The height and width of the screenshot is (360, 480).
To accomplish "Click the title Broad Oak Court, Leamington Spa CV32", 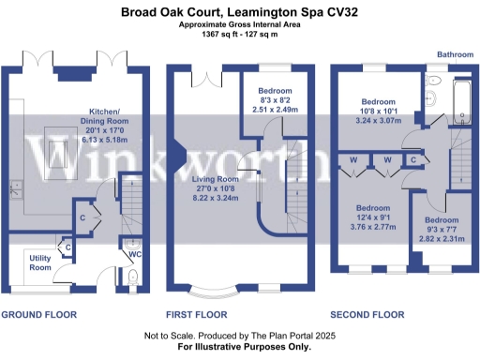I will click(x=239, y=12).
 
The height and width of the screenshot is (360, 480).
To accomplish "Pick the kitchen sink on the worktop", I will click(x=16, y=187).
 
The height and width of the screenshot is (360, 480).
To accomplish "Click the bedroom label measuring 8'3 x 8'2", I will click(x=276, y=90).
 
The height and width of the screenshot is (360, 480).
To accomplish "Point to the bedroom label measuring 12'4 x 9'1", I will click(x=374, y=208).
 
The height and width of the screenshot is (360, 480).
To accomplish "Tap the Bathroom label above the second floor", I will click(x=453, y=55).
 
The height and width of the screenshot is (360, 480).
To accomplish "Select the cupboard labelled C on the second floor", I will click(x=412, y=160).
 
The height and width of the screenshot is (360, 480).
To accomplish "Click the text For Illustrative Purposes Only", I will click(x=239, y=346).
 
